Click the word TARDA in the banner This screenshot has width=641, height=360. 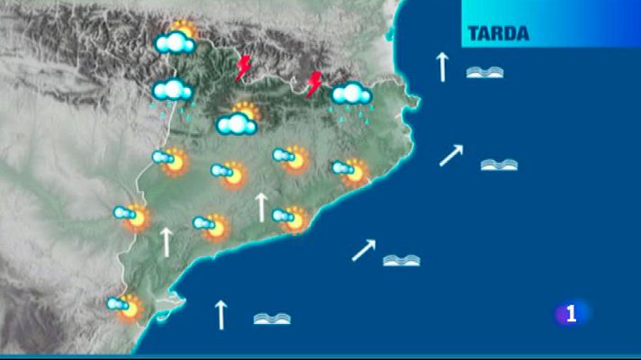(x=498, y=34)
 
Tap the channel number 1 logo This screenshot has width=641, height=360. (x=571, y=314)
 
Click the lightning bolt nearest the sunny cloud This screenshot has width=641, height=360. (x=243, y=68)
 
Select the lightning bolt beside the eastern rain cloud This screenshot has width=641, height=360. (x=314, y=85)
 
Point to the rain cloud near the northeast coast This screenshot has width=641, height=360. (x=352, y=96)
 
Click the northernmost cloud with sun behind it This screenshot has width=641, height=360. (x=176, y=38)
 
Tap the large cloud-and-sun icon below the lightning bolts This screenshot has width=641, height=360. (x=238, y=119)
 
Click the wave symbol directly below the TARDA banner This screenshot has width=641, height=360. (x=484, y=72)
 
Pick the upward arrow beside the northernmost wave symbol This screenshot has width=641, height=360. (x=442, y=67)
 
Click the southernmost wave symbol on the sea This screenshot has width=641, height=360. (x=272, y=318)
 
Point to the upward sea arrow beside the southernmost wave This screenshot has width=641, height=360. (x=220, y=314)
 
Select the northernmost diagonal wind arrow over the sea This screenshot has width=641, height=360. (x=451, y=155)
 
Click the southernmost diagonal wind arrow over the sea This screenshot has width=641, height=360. (x=363, y=249)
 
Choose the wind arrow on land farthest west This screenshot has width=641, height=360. (x=166, y=242)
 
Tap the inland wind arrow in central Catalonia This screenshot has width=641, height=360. (x=261, y=206)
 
